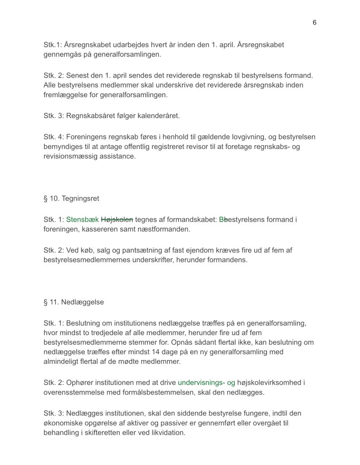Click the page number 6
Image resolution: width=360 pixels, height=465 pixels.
[315, 23]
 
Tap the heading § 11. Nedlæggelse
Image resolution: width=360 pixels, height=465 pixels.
[74, 302]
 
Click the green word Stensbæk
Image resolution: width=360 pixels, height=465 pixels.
[82, 220]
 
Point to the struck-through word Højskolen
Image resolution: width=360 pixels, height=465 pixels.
[117, 220]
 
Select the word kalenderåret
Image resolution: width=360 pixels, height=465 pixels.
[158, 115]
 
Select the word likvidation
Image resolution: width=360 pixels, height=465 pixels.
[165, 433]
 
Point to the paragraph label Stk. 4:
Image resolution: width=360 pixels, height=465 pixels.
[54, 137]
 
